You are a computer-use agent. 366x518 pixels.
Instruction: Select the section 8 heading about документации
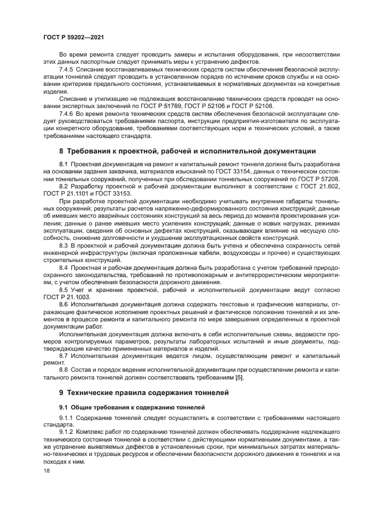[188, 151]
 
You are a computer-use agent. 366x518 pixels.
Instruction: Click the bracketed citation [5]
[239, 377]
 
